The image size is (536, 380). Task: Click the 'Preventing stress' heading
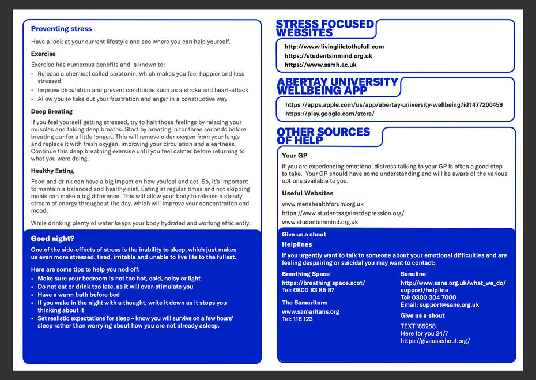pos(61,29)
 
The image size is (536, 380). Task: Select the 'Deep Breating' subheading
pos(52,111)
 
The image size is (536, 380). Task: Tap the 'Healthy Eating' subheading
pos(52,171)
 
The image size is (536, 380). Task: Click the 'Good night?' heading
pos(52,238)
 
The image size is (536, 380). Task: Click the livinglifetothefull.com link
pos(334,47)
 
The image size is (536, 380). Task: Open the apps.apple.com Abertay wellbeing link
pos(394,105)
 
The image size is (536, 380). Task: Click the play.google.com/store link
pos(330,114)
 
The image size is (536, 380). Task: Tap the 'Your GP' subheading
pos(295,156)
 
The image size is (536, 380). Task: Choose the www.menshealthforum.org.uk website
pos(323,204)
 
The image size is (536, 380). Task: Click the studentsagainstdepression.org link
pos(343,213)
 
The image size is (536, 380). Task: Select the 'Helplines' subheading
pos(297,244)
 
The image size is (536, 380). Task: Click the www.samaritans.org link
pos(310,311)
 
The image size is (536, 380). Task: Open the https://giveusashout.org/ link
pos(435,341)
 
